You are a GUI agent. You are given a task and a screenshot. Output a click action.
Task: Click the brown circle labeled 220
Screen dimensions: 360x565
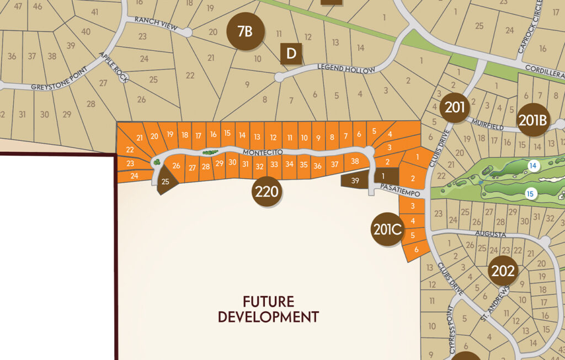point(267,192)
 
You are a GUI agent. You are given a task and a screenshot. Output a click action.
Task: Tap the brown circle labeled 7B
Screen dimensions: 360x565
point(244,31)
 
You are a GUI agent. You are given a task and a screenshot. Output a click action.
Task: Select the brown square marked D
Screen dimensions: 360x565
point(291,54)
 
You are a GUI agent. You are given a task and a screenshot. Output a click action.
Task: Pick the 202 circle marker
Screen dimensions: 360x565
point(503,271)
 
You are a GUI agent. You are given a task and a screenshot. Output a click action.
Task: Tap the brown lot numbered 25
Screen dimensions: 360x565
point(165,182)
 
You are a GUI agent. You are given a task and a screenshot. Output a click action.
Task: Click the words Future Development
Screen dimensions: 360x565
point(268,310)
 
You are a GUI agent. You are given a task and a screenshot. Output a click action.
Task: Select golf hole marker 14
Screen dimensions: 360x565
point(532,166)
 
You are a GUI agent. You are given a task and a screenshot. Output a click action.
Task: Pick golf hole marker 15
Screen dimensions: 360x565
point(530,193)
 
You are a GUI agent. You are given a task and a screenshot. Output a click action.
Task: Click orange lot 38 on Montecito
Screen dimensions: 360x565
point(355,162)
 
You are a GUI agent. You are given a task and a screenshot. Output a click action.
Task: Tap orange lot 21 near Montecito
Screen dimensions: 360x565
point(140,137)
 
